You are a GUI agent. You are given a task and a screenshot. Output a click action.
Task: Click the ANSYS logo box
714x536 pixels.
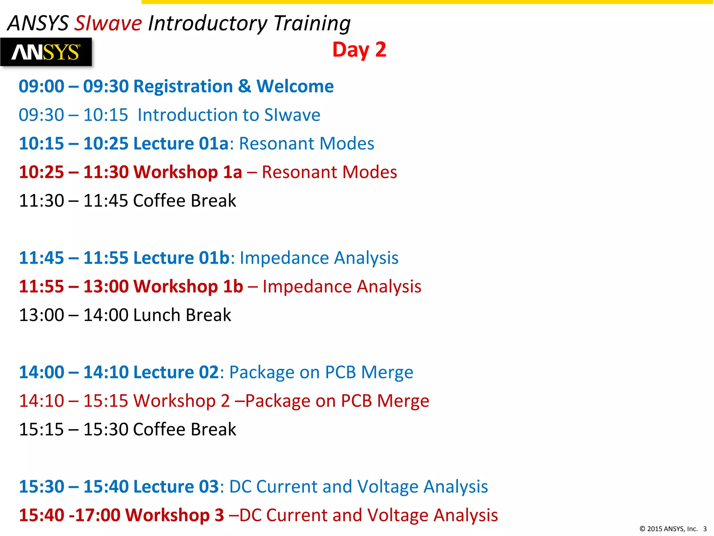click(46, 52)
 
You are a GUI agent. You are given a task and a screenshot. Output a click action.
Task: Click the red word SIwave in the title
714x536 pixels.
click(108, 24)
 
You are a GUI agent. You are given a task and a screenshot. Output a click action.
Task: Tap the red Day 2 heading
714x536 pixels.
click(359, 50)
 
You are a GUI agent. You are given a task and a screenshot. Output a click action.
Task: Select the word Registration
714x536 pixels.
click(183, 86)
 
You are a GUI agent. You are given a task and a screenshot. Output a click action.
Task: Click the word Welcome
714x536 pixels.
click(295, 86)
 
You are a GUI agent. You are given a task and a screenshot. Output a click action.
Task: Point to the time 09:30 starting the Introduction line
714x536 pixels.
click(41, 115)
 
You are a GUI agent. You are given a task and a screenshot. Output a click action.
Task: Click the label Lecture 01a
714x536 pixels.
click(181, 144)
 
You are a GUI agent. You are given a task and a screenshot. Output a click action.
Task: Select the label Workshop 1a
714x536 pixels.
click(188, 172)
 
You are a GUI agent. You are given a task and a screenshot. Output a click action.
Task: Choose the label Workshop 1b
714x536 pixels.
click(188, 287)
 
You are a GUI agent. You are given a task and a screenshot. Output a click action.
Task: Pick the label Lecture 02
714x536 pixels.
click(176, 372)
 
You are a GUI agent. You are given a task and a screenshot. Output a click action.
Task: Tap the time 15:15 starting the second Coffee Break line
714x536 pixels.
click(41, 430)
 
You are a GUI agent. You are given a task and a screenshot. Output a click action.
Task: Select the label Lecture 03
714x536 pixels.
click(176, 487)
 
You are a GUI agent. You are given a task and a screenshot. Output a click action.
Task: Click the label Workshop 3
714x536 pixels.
click(174, 515)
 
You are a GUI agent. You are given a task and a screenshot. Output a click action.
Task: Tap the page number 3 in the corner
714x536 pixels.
click(705, 529)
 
